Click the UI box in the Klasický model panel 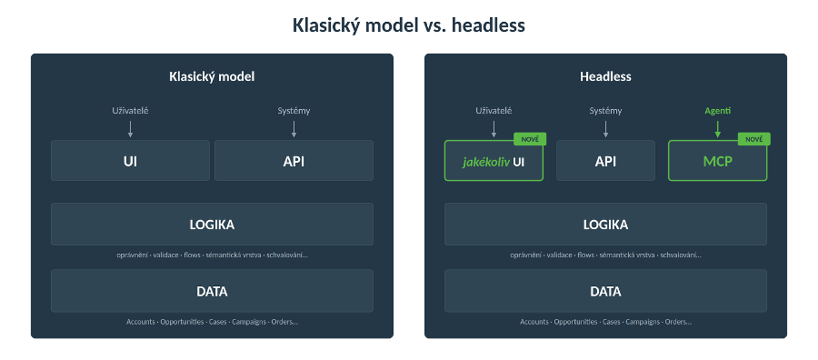tap(130, 160)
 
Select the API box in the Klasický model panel tap(294, 160)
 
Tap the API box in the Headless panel tap(605, 160)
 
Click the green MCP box tap(717, 161)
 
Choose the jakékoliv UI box tap(494, 161)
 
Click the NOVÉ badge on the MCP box tap(753, 139)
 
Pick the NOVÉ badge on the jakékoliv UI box tap(530, 139)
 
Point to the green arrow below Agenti tap(717, 129)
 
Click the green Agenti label tap(717, 111)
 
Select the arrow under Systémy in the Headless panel tap(605, 129)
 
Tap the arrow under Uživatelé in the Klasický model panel tap(130, 129)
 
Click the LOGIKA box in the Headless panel tap(605, 224)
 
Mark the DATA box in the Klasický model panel tap(212, 291)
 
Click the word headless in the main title tap(488, 25)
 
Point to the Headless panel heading tap(605, 76)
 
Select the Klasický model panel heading tap(212, 76)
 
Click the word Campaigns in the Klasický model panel tap(249, 322)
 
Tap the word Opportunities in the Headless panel tap(575, 322)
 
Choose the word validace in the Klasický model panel tap(166, 255)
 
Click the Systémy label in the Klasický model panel tap(294, 111)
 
